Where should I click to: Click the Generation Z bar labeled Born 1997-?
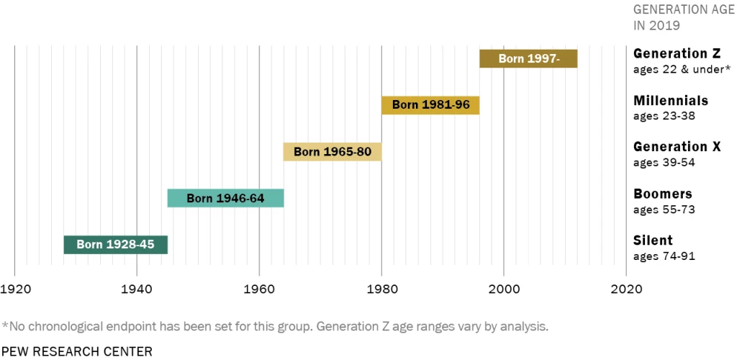tap(528, 59)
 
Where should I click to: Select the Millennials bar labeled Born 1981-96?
tap(430, 105)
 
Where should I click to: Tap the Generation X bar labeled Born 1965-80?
tap(332, 152)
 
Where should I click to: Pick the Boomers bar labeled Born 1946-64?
tap(225, 198)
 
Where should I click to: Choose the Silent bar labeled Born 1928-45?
tap(115, 245)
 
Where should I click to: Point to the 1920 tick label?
tap(15, 289)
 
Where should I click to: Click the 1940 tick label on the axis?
tap(137, 289)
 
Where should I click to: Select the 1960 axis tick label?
tap(259, 289)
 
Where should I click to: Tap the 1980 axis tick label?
tap(381, 289)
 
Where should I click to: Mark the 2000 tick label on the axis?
tap(504, 289)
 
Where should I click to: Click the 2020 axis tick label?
tap(626, 289)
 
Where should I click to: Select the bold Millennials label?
tap(671, 101)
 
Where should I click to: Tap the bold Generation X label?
tap(677, 147)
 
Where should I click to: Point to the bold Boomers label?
tap(662, 194)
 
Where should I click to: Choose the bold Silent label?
tap(653, 240)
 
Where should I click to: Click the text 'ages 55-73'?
tap(664, 210)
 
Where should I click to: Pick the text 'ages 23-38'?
tap(664, 116)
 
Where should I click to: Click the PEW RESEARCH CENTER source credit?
tap(77, 351)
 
